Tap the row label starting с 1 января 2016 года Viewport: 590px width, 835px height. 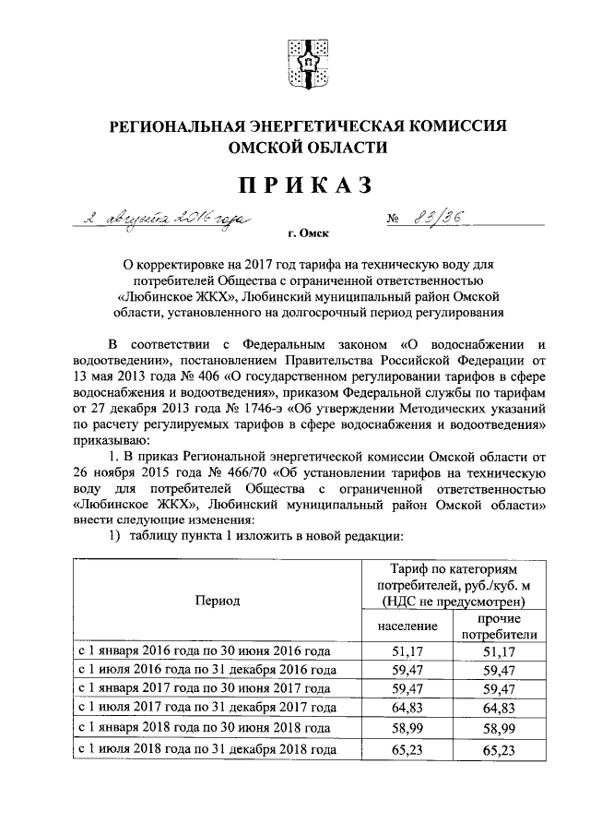pos(202,651)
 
